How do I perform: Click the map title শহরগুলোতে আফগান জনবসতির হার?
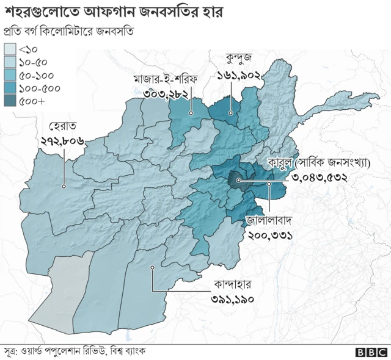click(x=113, y=12)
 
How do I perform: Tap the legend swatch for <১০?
click(x=10, y=49)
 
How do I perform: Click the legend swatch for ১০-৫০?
click(x=10, y=62)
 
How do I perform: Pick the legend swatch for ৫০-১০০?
click(x=10, y=76)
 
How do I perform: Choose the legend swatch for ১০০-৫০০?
click(x=10, y=89)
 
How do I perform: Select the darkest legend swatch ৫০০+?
click(x=10, y=102)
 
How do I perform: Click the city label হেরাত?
click(x=63, y=127)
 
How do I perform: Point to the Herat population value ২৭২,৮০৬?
click(x=63, y=141)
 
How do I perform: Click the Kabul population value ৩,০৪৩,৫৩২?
click(x=320, y=178)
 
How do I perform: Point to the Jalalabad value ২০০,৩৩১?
click(x=269, y=233)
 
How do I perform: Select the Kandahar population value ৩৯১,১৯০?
click(x=232, y=299)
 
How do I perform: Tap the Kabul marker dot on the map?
click(x=238, y=181)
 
